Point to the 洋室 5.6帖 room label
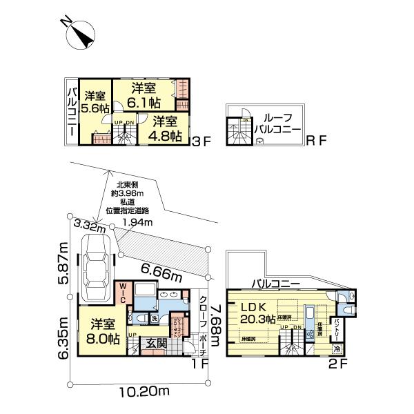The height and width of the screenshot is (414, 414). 94,102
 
